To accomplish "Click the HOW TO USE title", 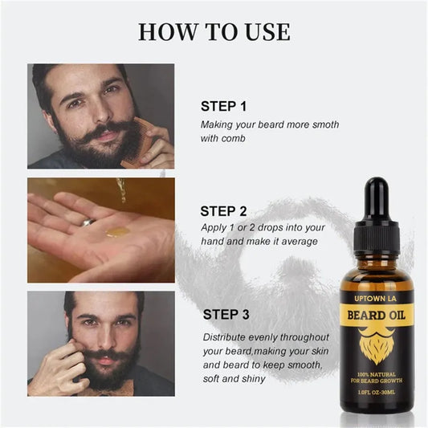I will (214, 31).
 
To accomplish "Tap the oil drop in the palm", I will (117, 232).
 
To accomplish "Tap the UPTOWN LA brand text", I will (376, 297).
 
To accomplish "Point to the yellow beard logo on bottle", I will (376, 344).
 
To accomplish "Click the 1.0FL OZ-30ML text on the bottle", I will (376, 391).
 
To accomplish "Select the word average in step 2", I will (297, 240).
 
